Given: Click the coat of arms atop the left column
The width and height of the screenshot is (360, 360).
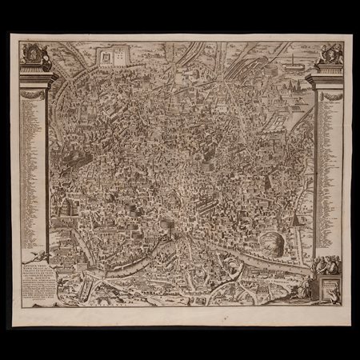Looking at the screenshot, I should pos(34,53).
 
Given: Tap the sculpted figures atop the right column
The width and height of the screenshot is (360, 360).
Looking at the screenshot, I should pos(329,54).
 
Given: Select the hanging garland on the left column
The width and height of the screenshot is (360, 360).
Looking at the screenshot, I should pos(34,94).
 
